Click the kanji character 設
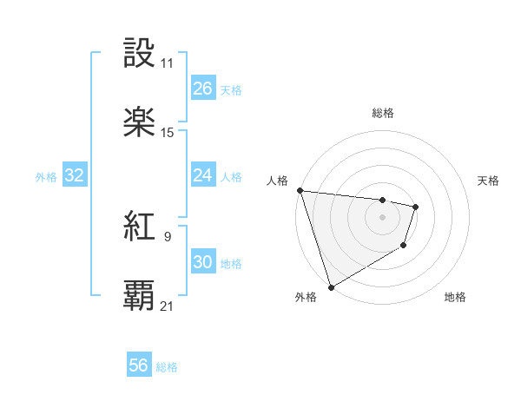pyautogui.click(x=140, y=53)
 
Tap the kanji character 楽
pyautogui.click(x=140, y=122)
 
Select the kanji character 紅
pyautogui.click(x=140, y=227)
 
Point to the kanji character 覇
pyautogui.click(x=140, y=295)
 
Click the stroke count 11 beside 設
pyautogui.click(x=168, y=64)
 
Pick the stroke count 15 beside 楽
pyautogui.click(x=168, y=133)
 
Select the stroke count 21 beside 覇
pyautogui.click(x=168, y=306)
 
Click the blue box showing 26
pyautogui.click(x=202, y=89)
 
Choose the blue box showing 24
pyautogui.click(x=202, y=175)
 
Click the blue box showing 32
pyautogui.click(x=74, y=175)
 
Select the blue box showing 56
pyautogui.click(x=139, y=366)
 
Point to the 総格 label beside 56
pyautogui.click(x=167, y=367)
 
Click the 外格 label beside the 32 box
pyautogui.click(x=46, y=176)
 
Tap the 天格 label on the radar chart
pyautogui.click(x=489, y=181)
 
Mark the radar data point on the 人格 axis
pyautogui.click(x=300, y=190)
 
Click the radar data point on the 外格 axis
pyautogui.click(x=331, y=286)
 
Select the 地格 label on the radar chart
pyautogui.click(x=455, y=297)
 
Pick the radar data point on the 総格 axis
pyautogui.click(x=382, y=200)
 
